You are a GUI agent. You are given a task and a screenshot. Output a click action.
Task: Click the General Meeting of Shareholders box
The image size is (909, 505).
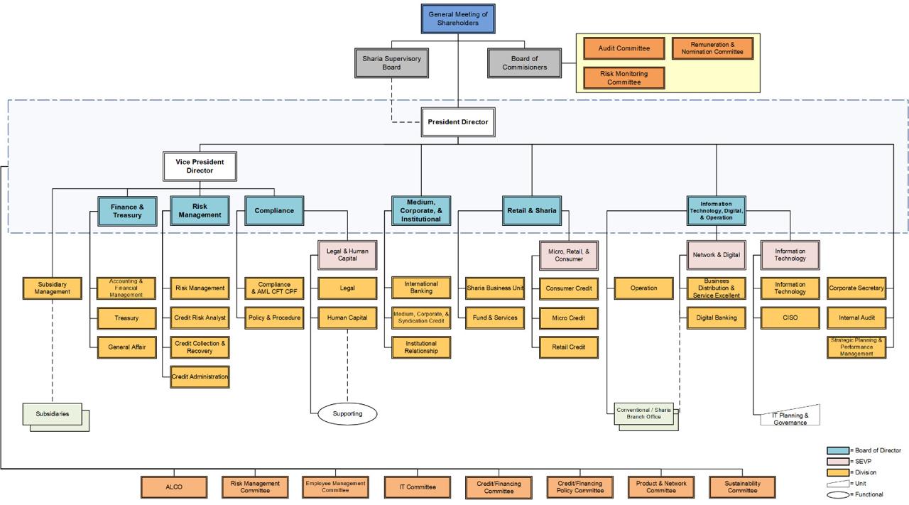point(458,18)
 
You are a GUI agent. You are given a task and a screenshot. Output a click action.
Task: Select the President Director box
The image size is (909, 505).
point(458,121)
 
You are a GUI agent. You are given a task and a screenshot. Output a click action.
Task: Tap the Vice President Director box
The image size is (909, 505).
point(200,166)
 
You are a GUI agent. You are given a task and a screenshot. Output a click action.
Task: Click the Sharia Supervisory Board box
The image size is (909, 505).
point(391,63)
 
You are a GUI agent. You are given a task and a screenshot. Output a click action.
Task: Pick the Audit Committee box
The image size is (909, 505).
point(624,48)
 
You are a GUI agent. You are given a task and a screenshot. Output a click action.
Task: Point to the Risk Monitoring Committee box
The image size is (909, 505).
point(624,77)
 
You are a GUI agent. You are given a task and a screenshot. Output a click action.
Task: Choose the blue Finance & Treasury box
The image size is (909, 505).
point(127,211)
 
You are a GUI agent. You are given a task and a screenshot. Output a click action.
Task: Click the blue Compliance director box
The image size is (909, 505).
point(274,211)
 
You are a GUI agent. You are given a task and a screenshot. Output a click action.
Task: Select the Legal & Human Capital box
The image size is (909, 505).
point(347,255)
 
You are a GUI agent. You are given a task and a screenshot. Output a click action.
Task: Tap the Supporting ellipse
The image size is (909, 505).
point(347,413)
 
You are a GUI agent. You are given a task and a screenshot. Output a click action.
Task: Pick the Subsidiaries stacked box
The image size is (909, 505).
point(55,417)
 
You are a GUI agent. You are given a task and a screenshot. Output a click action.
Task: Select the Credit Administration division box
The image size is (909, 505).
point(200,376)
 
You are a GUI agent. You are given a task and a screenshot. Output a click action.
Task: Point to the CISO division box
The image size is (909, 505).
point(790,318)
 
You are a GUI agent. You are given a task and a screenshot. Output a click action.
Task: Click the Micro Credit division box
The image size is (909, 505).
point(569,318)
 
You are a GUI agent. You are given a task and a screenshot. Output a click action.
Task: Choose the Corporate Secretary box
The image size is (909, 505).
point(856,288)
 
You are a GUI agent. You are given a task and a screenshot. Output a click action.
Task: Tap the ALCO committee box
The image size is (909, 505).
point(174,487)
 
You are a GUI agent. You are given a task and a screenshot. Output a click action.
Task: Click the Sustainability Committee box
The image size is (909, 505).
point(742,487)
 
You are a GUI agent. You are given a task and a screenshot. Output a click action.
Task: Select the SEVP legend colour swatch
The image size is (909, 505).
point(837,462)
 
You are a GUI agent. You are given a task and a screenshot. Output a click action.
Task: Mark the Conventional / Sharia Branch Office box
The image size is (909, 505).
point(646,416)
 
